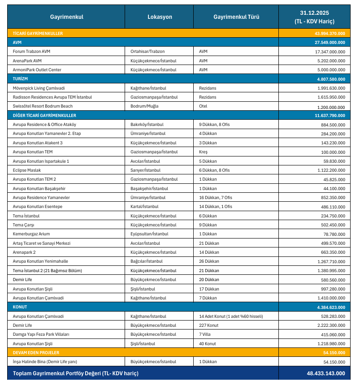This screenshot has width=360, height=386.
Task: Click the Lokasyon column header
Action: pyautogui.click(x=160, y=17)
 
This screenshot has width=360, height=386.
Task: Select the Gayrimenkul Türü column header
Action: pyautogui.click(x=236, y=17)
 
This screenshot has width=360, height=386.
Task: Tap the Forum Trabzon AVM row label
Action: pyautogui.click(x=32, y=52)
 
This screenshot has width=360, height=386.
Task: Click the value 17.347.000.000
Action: pyautogui.click(x=330, y=52)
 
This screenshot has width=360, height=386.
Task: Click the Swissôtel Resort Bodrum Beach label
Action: pyautogui.click(x=43, y=106)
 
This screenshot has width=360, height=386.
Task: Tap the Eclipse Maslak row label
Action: pyautogui.click(x=27, y=170)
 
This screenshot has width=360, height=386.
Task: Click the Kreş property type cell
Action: pyautogui.click(x=203, y=152)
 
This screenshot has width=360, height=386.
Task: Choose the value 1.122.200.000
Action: pyautogui.click(x=330, y=170)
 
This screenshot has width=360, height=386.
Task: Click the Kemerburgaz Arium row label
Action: pyautogui.click(x=31, y=234)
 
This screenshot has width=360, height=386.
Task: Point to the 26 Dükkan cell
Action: pyautogui.click(x=209, y=261)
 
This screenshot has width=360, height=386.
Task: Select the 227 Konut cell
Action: pyautogui.click(x=208, y=325)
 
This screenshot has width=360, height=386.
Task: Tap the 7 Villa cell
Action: pyautogui.click(x=205, y=334)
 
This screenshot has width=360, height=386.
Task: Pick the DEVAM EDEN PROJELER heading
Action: pyautogui.click(x=36, y=353)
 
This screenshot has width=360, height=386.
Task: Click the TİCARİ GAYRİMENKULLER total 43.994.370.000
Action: pyautogui.click(x=330, y=33)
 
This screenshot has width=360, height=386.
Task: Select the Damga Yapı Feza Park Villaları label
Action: pyautogui.click(x=41, y=334)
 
